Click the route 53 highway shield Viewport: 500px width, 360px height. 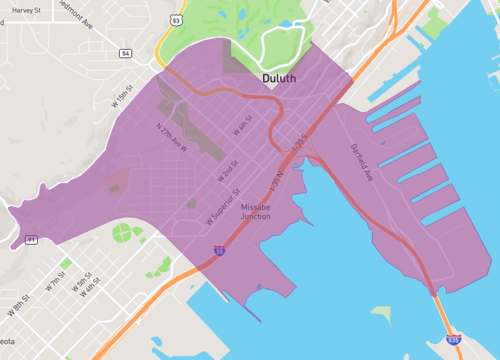point(175,18)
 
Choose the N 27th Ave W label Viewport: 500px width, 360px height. point(173,135)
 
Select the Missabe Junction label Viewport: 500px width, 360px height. point(262,211)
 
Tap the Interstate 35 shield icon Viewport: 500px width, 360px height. point(219,255)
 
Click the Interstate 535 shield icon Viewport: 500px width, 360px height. point(454,340)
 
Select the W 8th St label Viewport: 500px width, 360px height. point(22,304)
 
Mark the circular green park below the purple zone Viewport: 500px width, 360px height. point(122,234)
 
